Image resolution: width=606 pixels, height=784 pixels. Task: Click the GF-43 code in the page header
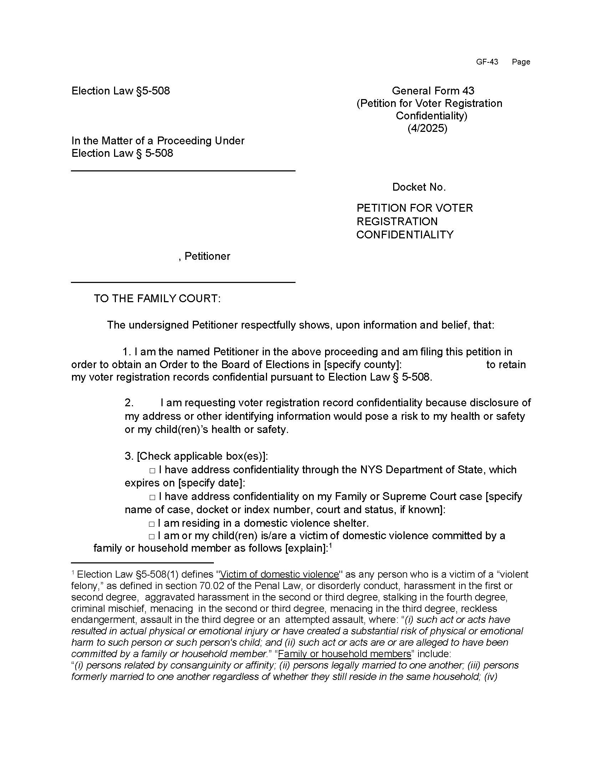pos(487,62)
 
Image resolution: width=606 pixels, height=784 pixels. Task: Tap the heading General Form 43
pos(433,91)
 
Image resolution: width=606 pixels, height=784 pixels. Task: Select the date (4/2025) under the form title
pos(427,128)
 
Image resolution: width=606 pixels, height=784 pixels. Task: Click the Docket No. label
pos(418,187)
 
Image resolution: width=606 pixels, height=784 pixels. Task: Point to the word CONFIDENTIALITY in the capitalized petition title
pos(405,235)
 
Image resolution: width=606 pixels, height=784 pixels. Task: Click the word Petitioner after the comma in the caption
pos(207,256)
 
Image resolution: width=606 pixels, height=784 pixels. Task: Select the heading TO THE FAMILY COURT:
pos(157,299)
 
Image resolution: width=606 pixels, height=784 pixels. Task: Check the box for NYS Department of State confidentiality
pos(152,470)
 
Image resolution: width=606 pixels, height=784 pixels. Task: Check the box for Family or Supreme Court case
pos(152,497)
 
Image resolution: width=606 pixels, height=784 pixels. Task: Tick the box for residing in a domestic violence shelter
pos(152,524)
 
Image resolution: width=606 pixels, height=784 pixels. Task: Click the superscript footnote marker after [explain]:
pos(331,546)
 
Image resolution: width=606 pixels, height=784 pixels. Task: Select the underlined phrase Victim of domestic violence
pos(279,575)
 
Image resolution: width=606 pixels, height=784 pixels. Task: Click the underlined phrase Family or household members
pos(344,654)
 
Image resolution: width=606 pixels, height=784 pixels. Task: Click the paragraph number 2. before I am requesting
pos(129,403)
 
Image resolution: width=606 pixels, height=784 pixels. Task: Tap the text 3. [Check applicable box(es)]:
pos(196,456)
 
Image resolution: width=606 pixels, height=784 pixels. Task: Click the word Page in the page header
pos(520,62)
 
